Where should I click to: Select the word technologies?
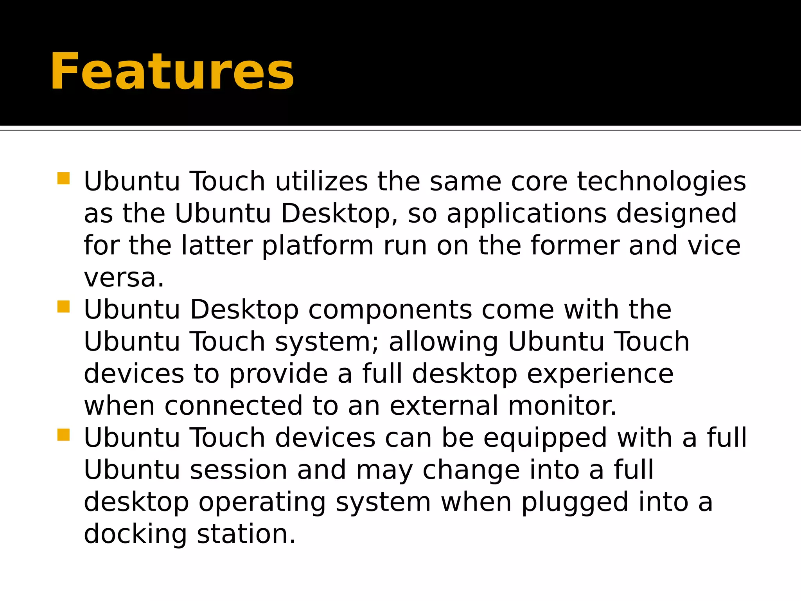[661, 182]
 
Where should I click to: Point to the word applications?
[526, 214]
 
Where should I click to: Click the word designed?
[676, 214]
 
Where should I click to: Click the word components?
[390, 310]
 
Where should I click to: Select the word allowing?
[443, 342]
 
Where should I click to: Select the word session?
[239, 470]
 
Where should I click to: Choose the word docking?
[135, 534]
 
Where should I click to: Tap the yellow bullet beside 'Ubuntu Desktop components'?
[63, 307]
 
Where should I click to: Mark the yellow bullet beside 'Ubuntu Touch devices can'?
[63, 435]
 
